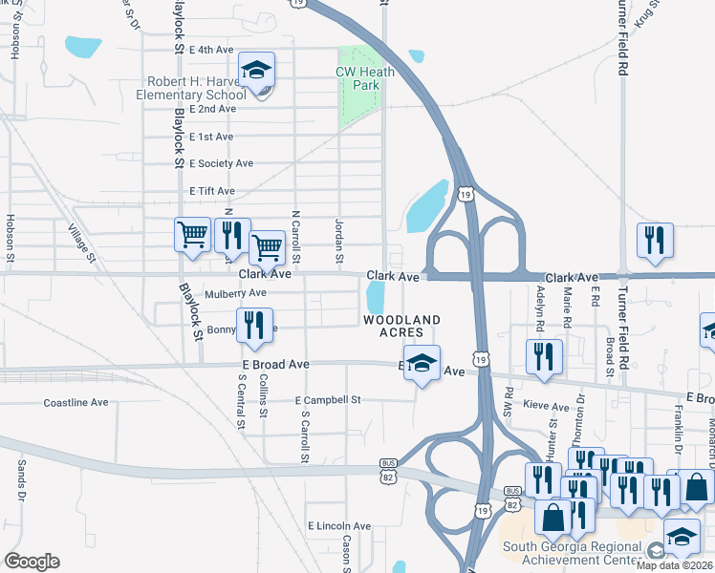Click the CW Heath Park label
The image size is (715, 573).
(358, 78)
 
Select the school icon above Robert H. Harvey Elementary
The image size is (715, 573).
(255, 72)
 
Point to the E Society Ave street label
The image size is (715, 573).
(221, 163)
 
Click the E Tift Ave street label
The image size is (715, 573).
(212, 191)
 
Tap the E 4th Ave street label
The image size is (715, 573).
(212, 49)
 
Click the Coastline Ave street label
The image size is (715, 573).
(76, 403)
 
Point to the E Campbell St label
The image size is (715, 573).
(327, 400)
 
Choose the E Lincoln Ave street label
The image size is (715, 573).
(338, 526)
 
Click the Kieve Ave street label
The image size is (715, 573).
(547, 408)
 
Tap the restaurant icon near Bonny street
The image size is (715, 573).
(254, 326)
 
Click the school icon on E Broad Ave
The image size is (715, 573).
(422, 364)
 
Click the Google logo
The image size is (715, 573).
(32, 562)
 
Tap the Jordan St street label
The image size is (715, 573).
(338, 240)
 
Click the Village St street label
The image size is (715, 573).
(83, 243)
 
